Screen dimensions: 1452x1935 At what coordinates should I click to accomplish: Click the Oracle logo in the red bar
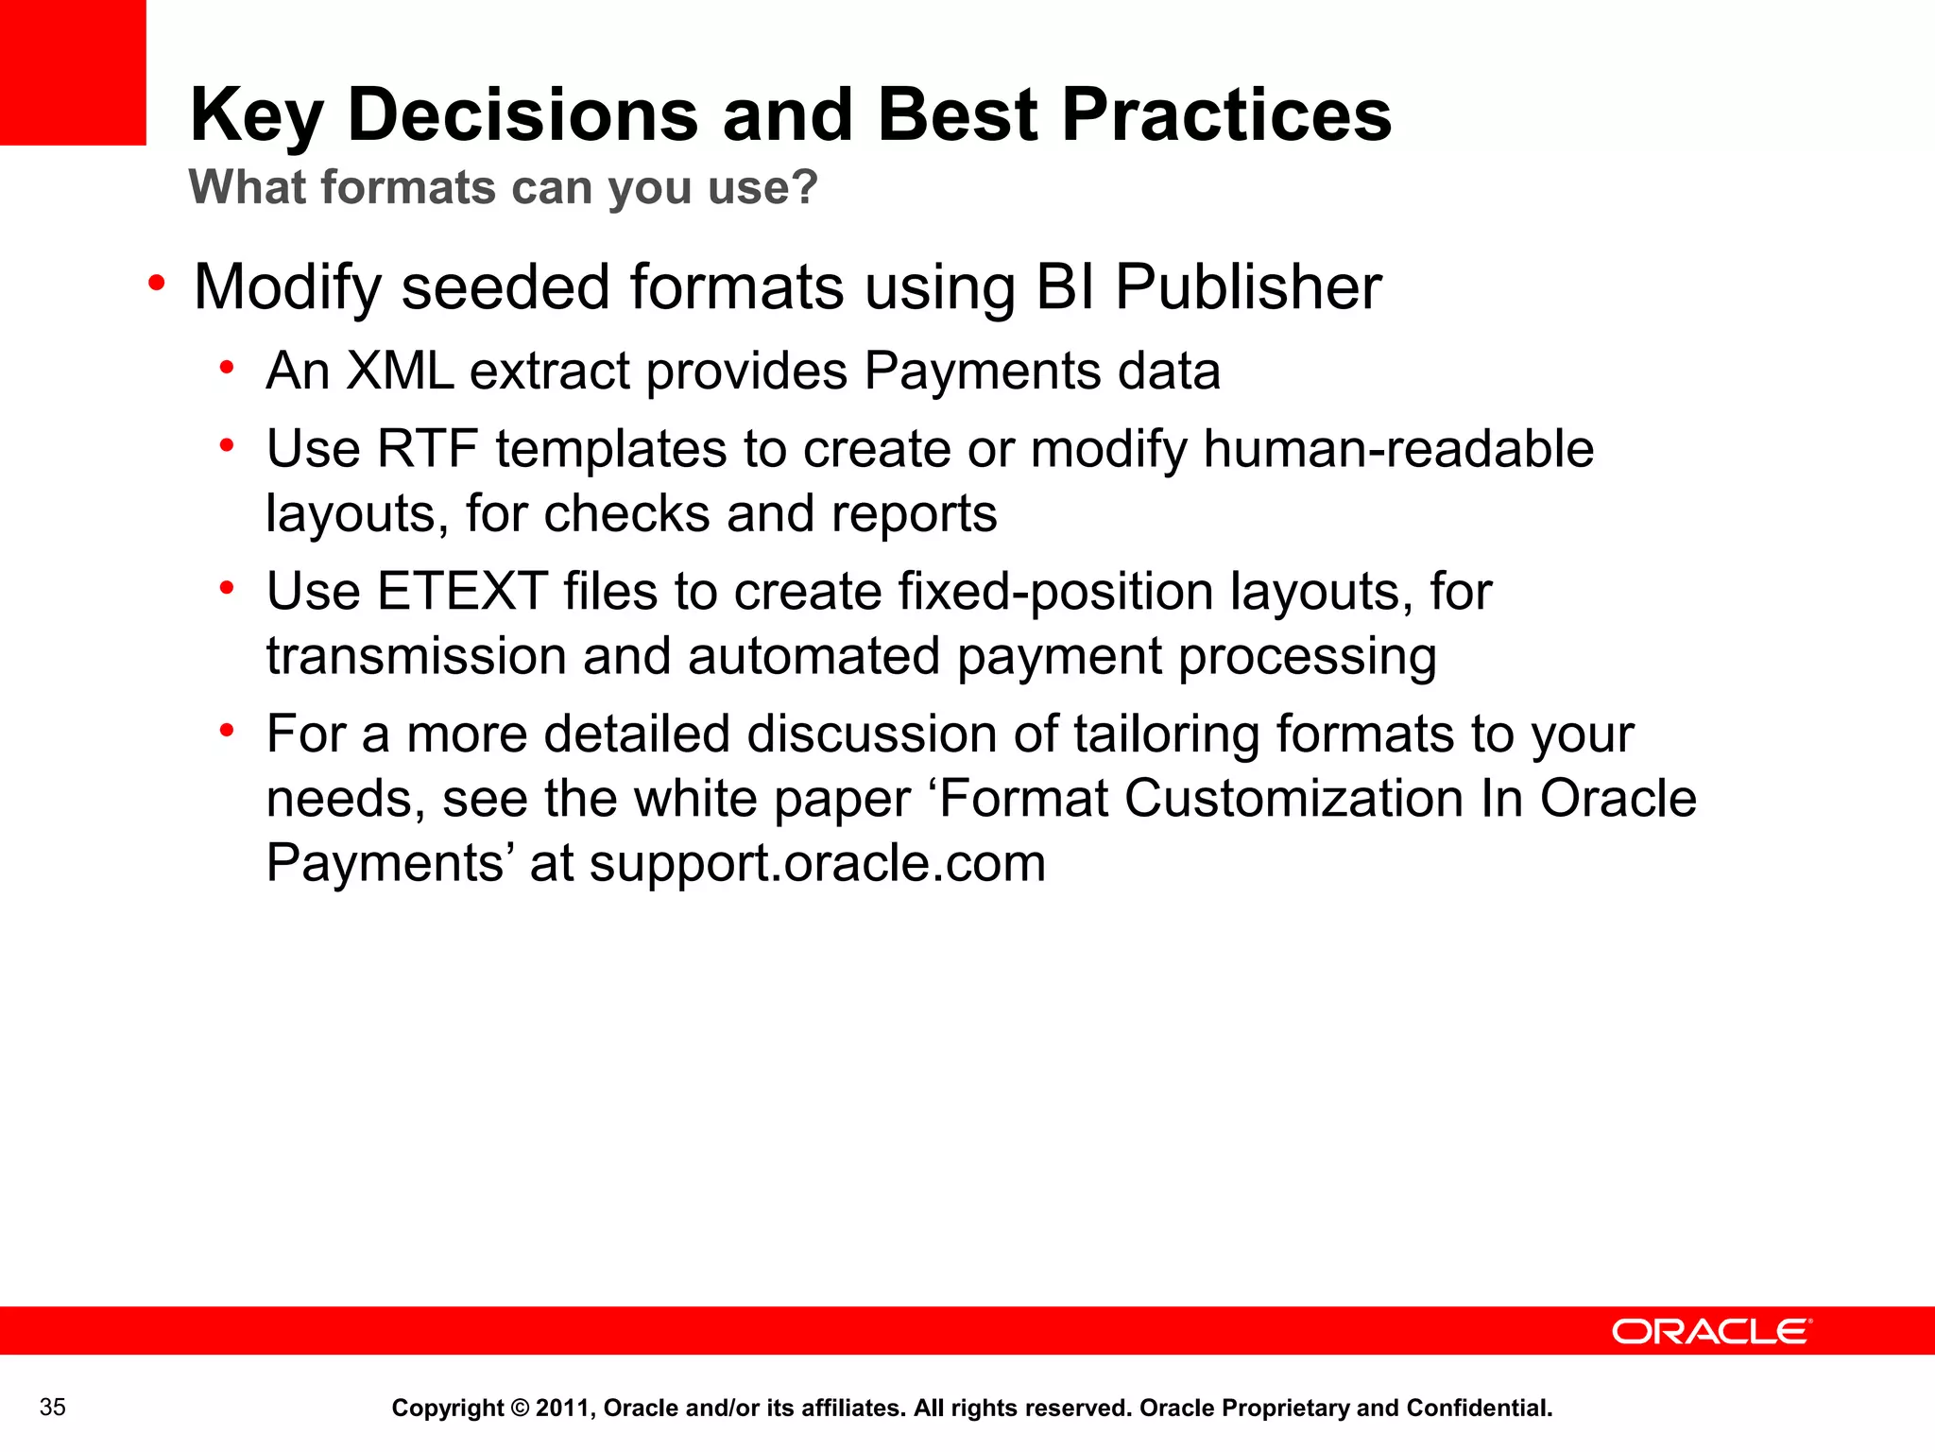click(1711, 1331)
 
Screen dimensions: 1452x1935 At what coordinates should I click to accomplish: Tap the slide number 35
click(53, 1408)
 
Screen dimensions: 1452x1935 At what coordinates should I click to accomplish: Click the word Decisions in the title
click(522, 114)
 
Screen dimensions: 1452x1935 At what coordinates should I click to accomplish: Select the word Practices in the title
click(1226, 114)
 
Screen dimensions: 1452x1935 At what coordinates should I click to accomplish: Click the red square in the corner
click(73, 72)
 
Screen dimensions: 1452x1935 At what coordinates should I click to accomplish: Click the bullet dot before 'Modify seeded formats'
click(157, 283)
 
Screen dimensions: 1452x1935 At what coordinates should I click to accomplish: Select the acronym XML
click(401, 371)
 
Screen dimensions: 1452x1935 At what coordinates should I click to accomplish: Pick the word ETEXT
click(463, 592)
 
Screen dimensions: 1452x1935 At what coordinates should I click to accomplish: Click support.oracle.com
click(817, 863)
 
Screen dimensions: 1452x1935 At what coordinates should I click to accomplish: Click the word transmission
click(416, 656)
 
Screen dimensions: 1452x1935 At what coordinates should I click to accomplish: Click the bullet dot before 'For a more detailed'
click(227, 731)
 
